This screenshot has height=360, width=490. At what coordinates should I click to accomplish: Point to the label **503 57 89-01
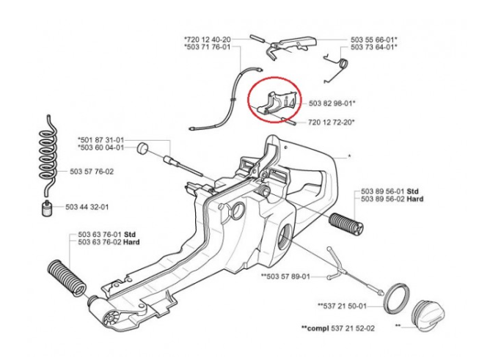click(x=285, y=276)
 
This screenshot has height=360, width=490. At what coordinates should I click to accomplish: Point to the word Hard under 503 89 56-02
click(x=415, y=199)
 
